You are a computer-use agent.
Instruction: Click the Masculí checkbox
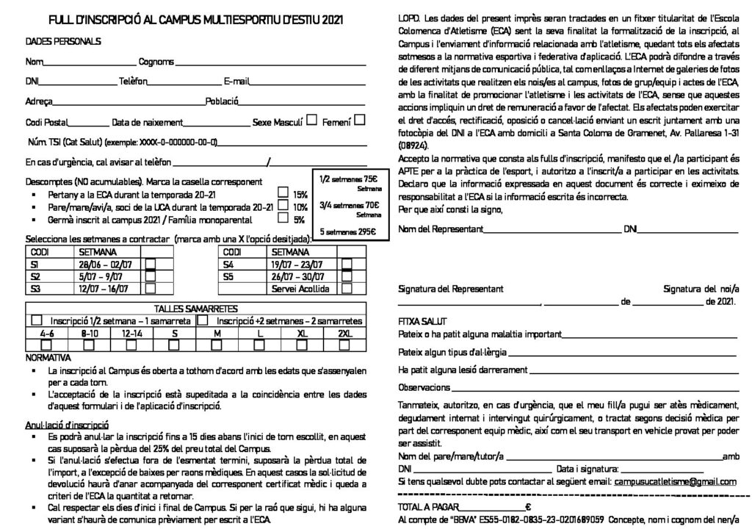point(312,122)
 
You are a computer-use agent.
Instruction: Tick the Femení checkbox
point(361,122)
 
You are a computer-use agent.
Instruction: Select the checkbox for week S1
point(151,264)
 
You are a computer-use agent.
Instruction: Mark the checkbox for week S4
point(347,264)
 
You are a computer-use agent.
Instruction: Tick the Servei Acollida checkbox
point(347,290)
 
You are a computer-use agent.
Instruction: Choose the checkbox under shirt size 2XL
point(344,345)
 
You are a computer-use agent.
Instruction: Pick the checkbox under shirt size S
point(175,345)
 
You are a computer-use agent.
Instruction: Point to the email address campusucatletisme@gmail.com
point(675,482)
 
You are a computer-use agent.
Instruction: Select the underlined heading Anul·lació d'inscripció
point(67,424)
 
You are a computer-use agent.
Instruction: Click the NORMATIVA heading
point(48,357)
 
